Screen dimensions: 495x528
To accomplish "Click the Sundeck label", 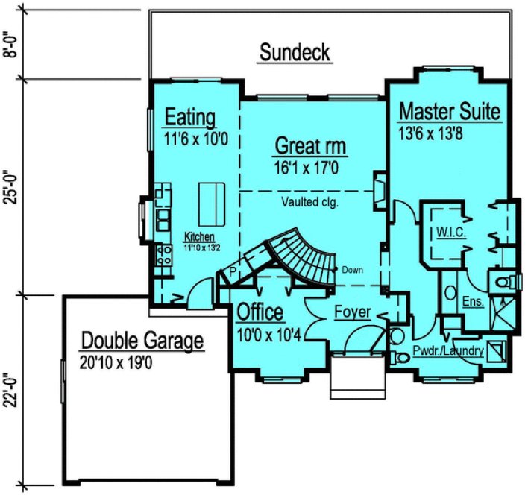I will tap(295, 53).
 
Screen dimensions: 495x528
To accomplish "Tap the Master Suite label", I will tap(450, 112).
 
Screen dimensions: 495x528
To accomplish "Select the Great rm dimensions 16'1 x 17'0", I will tap(307, 168).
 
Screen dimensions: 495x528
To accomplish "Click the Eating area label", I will tap(190, 117).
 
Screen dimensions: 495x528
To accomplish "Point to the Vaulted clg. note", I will tap(310, 201).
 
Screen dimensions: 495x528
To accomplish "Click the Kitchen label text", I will tap(199, 236).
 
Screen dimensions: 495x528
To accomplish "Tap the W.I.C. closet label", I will tap(451, 233).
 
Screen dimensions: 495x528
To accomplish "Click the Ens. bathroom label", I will tap(473, 301).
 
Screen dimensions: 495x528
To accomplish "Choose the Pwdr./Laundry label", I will tap(448, 350).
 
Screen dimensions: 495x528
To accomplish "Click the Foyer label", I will tap(352, 312).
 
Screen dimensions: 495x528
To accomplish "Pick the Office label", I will tap(260, 312).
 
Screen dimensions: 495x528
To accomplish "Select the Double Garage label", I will tap(142, 341).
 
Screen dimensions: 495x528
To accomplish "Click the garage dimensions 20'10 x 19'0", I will tap(131, 363).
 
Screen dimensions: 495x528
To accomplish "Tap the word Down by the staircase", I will tap(352, 269).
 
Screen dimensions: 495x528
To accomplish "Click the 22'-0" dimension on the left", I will tap(10, 394).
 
